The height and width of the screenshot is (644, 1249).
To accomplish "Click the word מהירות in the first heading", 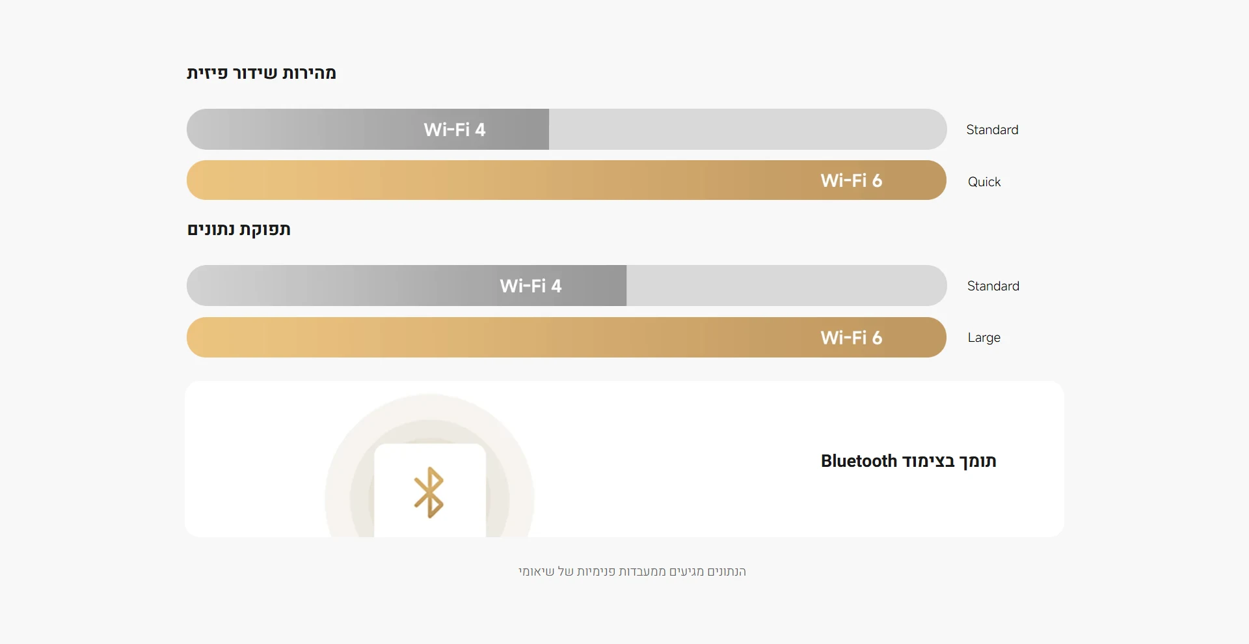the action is coord(309,73).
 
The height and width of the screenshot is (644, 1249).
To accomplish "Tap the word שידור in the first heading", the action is coord(255,73).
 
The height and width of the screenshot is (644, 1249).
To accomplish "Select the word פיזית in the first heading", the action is coord(208,73).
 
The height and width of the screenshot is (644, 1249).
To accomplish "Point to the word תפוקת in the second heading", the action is coord(265,229).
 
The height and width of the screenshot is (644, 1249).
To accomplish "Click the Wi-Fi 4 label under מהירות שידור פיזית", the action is coord(455,130).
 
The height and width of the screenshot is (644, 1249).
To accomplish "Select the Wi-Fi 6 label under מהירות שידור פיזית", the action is coord(852,180).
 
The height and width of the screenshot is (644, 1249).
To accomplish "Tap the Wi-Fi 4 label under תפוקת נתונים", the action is coord(531,286).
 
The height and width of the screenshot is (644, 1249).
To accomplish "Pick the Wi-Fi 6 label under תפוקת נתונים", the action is coord(852,337).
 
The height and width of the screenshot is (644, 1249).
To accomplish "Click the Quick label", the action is coord(984,182).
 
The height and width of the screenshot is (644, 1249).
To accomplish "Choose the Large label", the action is coord(984,338).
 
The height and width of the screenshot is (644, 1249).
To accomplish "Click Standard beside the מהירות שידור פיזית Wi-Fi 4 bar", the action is coord(993,130).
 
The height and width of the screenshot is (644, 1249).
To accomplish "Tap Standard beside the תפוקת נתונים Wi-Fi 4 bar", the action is coord(993,286).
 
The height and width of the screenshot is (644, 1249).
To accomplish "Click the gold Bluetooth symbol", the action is coord(429,492).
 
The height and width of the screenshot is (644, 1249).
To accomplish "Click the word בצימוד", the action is coord(928,461).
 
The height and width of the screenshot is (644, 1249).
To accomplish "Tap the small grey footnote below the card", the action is coord(632,572).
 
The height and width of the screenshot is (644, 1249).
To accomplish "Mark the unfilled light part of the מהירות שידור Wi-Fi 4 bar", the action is coord(747,130).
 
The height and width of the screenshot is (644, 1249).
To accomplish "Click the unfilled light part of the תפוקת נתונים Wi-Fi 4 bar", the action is coord(786,286).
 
